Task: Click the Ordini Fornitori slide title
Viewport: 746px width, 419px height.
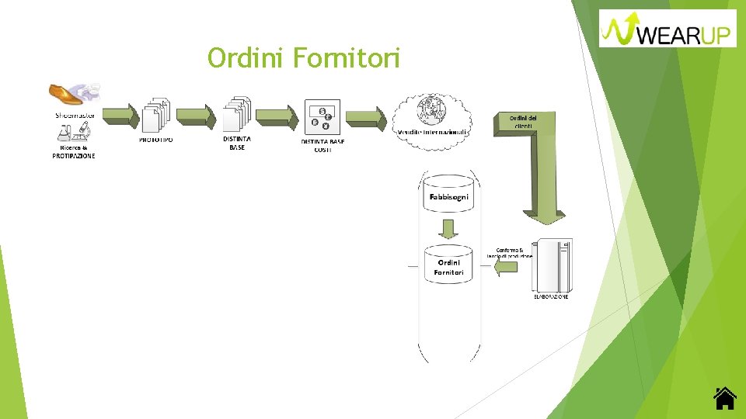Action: [x=304, y=57]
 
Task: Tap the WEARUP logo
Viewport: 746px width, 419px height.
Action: [x=668, y=29]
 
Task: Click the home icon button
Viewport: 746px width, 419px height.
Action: [x=724, y=397]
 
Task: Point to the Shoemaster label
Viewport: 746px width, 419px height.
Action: [x=75, y=115]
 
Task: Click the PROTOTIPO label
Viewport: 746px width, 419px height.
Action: [x=156, y=140]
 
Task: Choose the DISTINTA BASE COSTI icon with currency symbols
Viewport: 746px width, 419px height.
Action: [x=321, y=117]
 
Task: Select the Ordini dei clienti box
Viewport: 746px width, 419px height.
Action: [x=522, y=122]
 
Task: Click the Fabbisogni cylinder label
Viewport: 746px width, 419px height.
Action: [x=448, y=197]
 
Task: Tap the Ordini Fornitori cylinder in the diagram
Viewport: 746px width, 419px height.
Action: [x=448, y=265]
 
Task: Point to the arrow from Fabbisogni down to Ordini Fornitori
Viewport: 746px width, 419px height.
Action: [x=448, y=229]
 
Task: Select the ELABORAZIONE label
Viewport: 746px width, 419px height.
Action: [x=550, y=296]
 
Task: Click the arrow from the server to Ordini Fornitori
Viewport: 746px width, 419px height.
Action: [x=505, y=268]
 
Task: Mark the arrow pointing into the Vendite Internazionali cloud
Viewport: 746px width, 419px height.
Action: [x=365, y=117]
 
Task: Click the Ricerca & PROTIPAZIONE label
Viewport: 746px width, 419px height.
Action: [x=74, y=152]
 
